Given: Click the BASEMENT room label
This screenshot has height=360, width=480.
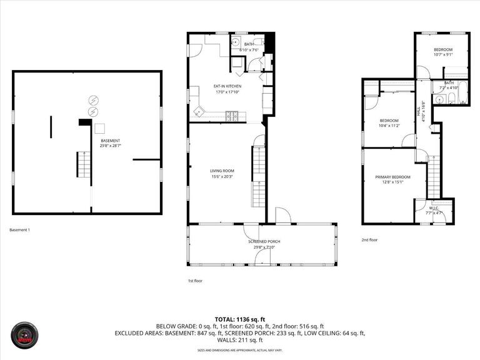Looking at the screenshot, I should pos(110,141).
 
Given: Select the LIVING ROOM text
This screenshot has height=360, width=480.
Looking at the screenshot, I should pos(222,171).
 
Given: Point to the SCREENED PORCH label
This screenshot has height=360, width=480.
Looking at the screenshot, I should pos(264,241).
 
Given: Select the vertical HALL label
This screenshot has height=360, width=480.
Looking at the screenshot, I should pos(419,111).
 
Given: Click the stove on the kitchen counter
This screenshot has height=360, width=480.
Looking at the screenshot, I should pos(232,115).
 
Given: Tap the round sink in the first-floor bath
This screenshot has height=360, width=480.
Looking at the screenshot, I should pos(236,43).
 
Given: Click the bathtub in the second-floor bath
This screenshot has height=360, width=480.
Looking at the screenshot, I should pos(462,88).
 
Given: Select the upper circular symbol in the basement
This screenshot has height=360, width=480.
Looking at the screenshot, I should pos(93,100).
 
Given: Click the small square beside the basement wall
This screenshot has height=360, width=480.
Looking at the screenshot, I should pos(99,128).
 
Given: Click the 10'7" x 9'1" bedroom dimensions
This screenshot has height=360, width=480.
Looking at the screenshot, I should pos(442,54).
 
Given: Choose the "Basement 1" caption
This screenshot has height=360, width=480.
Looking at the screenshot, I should pos(20,230).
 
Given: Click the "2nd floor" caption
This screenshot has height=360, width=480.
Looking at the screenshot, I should pos(369,239).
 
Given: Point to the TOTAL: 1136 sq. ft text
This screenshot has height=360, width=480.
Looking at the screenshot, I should pos(240,318).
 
